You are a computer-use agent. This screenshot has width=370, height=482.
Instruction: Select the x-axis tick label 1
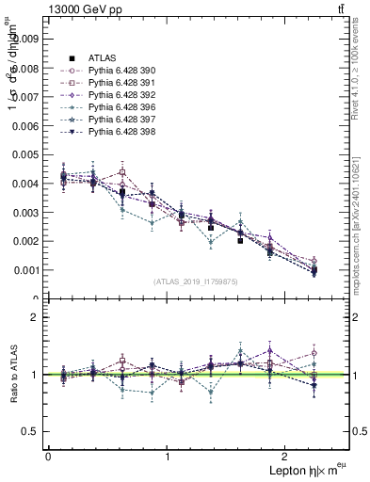tap(168, 457)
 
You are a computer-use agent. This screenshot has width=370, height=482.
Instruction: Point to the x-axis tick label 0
tap(47, 457)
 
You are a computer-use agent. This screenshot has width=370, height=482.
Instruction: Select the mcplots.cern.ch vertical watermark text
tap(358, 217)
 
